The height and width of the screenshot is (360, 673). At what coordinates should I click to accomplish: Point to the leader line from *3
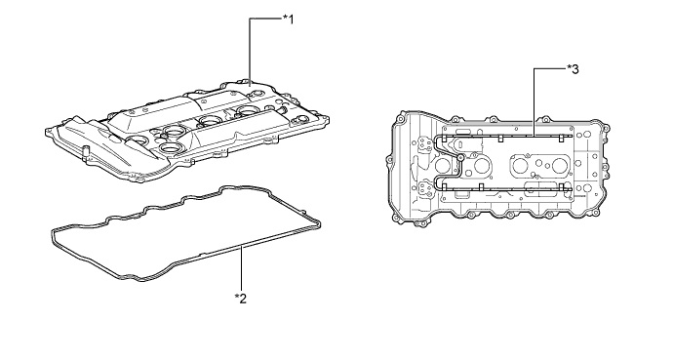click(535, 98)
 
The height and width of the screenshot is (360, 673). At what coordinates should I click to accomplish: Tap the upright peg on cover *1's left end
click(87, 150)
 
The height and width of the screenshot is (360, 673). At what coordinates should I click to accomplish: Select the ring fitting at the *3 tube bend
click(459, 157)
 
